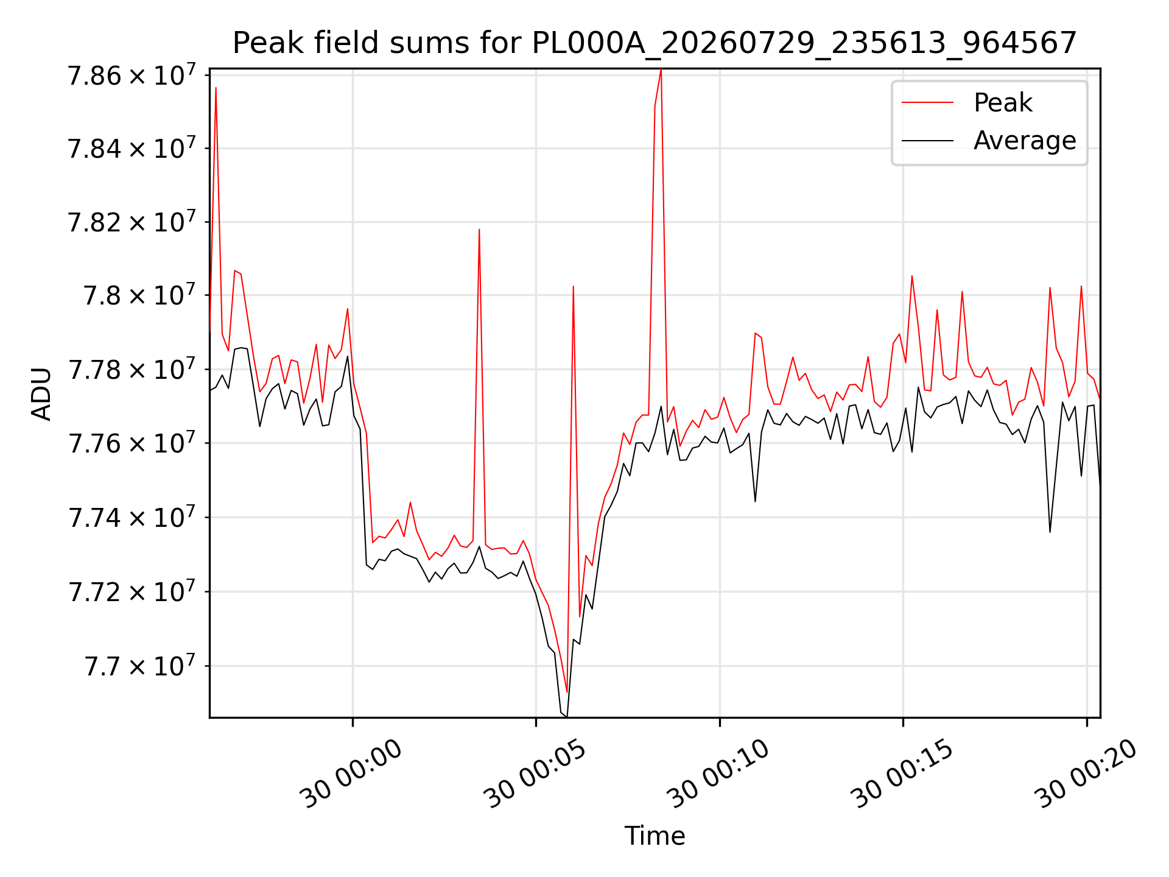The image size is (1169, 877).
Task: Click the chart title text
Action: coord(655,43)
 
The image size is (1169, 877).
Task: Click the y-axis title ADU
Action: coord(41,393)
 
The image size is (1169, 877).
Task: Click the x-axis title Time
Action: coord(655,836)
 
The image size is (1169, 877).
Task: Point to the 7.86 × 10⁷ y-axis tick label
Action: coord(132,76)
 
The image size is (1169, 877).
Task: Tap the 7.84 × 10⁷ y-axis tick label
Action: coord(132,148)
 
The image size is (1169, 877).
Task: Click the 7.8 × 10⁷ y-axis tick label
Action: coord(139,295)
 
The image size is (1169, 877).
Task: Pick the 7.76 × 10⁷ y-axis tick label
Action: coord(132,443)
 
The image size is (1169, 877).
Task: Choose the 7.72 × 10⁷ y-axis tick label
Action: coord(132,591)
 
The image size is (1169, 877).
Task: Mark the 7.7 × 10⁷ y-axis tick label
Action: coord(139,666)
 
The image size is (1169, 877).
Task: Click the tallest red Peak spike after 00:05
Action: coord(661,70)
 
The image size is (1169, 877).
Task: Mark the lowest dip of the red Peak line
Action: coord(567,692)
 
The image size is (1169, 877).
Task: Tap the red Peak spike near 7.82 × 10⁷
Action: coord(479,230)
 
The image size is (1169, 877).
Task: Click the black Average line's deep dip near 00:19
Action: coord(1050,532)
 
